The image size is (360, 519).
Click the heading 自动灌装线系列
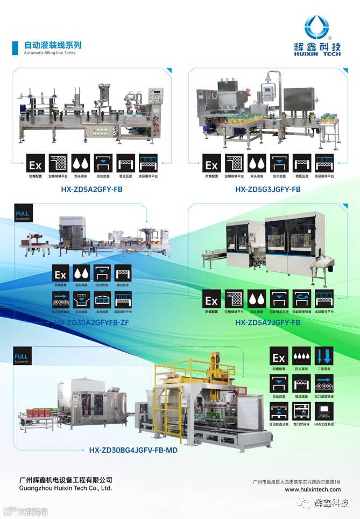[x=53, y=45]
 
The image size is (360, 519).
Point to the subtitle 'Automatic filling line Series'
[x=50, y=53]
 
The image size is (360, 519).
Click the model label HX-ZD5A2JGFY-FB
[x=267, y=322]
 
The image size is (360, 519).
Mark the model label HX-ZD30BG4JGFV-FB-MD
[x=133, y=450]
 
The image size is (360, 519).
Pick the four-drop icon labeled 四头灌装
[x=301, y=357]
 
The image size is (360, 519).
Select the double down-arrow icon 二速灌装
[x=324, y=357]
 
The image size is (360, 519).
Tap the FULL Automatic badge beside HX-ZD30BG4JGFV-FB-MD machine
[x=22, y=359]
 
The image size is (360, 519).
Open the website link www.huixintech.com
[x=312, y=489]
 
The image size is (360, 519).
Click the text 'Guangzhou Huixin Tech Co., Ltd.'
[x=65, y=488]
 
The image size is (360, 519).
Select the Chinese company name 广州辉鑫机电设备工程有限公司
[x=65, y=479]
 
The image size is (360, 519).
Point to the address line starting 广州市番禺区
[x=296, y=481]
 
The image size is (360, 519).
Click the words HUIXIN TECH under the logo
[x=317, y=54]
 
